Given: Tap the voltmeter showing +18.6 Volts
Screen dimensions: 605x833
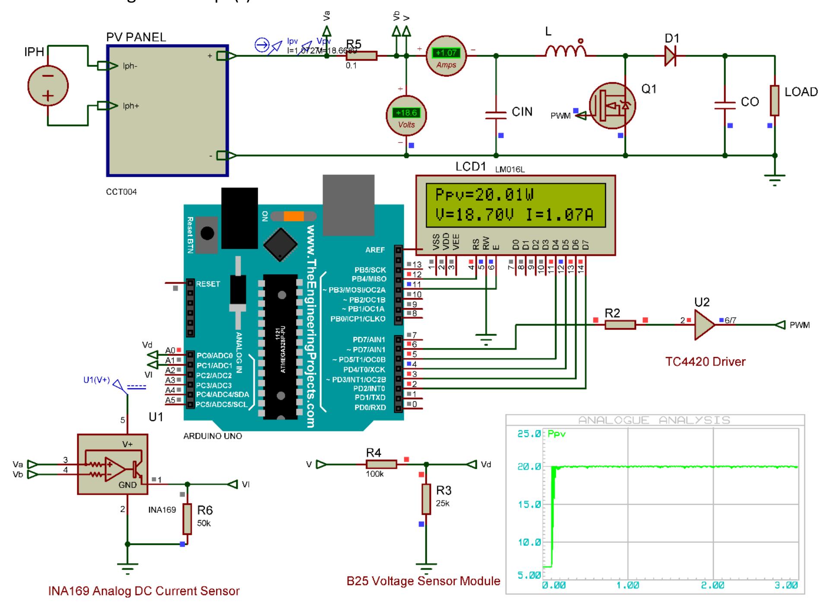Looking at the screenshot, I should (406, 116).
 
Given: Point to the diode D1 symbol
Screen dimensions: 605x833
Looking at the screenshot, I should (671, 56).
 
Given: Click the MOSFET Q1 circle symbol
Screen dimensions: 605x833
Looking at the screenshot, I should (612, 105).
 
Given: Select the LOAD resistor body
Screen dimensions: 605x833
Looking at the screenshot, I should (775, 101).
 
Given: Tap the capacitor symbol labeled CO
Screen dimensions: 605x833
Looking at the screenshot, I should (725, 105).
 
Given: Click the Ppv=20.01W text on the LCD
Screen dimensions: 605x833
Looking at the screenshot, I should (485, 195).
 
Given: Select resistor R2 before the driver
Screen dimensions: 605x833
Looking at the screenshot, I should (620, 325).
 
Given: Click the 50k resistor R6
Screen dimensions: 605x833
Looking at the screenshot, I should (187, 519).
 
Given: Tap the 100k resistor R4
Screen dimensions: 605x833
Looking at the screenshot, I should (381, 464).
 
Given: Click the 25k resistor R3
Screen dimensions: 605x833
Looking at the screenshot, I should (426, 499).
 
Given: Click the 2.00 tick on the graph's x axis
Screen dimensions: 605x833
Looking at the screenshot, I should (713, 586).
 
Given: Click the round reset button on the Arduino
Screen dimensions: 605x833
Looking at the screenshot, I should (208, 234).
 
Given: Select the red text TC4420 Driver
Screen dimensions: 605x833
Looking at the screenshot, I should (705, 361).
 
